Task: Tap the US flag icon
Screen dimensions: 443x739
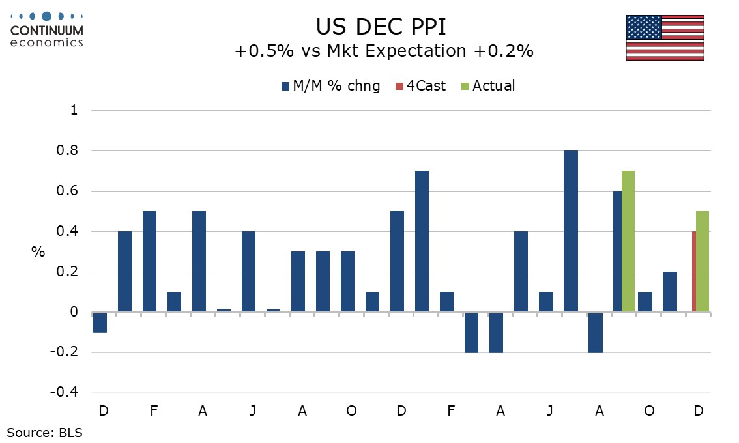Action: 665,38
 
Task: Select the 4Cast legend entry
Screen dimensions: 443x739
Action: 421,86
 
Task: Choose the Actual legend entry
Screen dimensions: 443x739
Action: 487,86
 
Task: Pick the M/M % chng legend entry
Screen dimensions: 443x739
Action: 331,86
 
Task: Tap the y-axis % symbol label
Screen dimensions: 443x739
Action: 38,252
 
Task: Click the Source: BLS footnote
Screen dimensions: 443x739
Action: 45,432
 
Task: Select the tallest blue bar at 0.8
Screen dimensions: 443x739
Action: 570,231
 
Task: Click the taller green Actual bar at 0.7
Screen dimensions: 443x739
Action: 628,242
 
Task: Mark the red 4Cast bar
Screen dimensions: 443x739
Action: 694,272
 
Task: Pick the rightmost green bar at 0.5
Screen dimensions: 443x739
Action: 703,262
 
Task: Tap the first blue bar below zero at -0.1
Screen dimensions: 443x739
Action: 100,322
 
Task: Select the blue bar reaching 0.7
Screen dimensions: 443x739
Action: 422,242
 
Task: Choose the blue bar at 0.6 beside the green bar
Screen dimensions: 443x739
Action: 617,251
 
